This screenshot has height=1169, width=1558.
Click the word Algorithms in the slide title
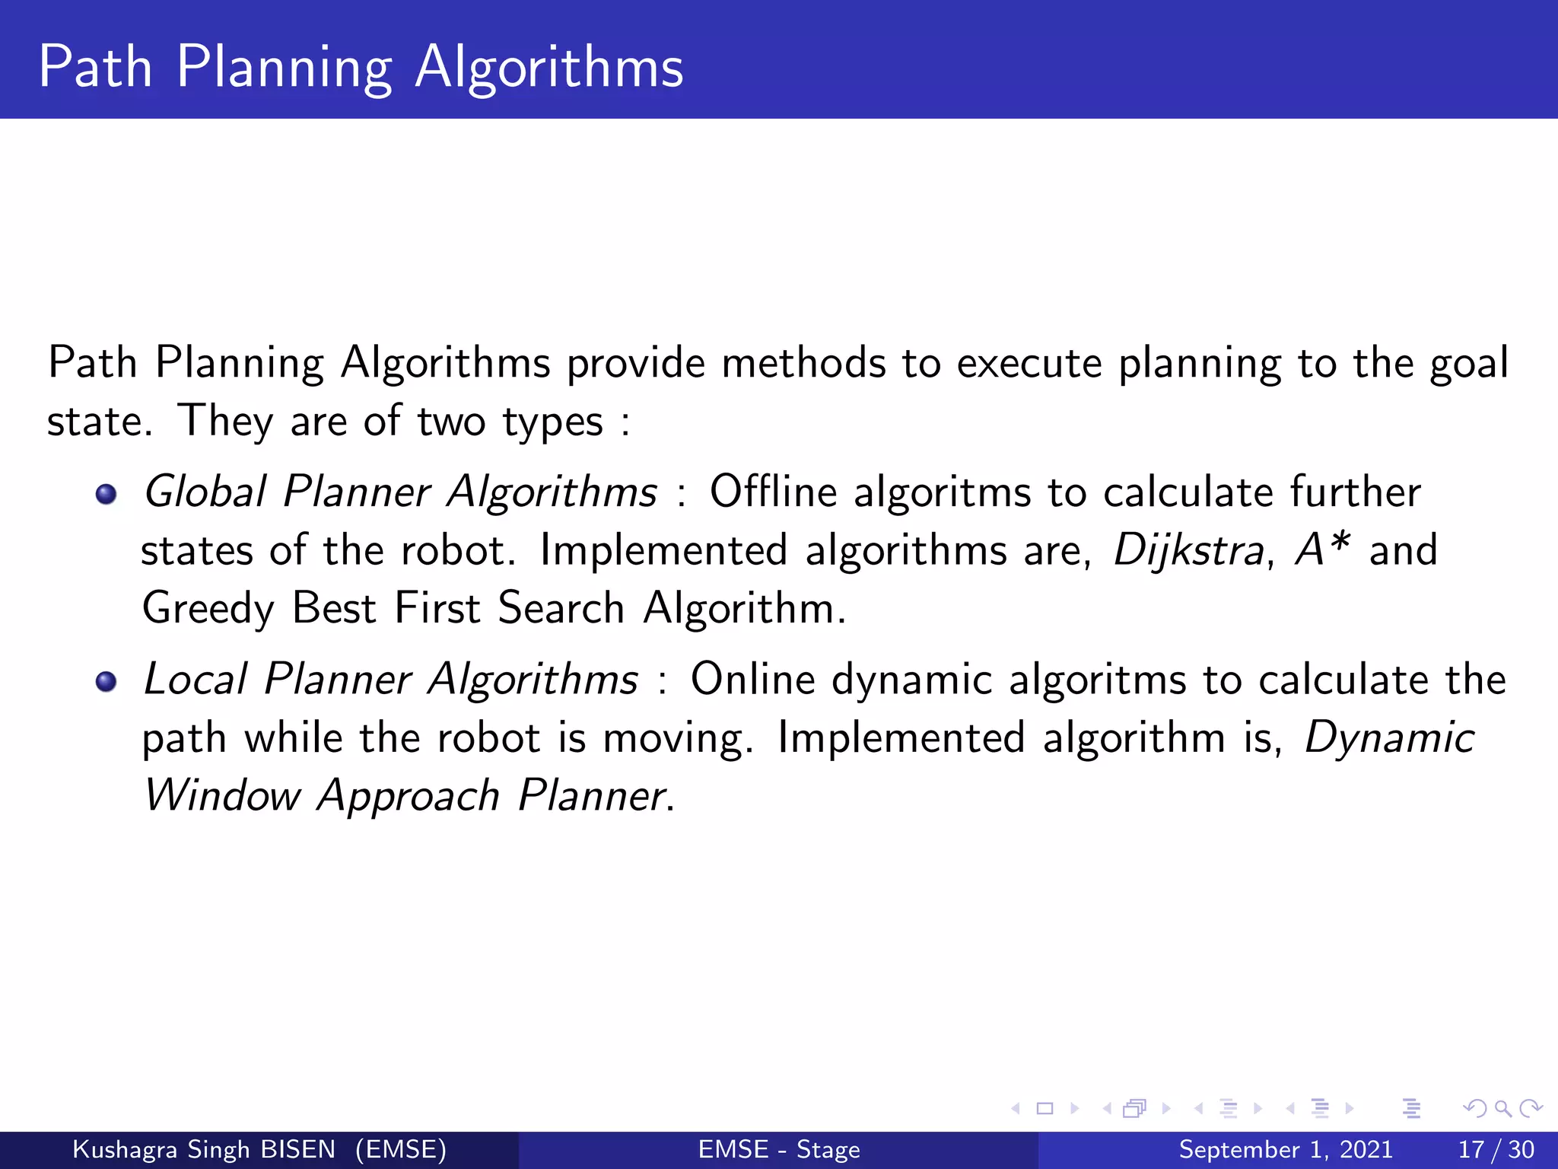[548, 68]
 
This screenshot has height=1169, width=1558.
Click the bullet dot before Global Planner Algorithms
[107, 495]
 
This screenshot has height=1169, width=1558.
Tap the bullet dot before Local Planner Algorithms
[107, 681]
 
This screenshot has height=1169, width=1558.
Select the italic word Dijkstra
[1188, 549]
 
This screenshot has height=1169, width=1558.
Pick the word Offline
[773, 492]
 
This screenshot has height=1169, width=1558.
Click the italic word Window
[222, 796]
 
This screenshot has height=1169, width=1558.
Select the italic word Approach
[409, 798]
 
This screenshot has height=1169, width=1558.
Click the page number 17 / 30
[1496, 1149]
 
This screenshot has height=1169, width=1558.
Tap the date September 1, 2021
[1286, 1149]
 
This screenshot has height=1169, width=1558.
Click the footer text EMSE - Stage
[779, 1149]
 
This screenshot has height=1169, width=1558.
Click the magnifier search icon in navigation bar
[1502, 1108]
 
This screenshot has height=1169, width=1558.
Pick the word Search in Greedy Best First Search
[561, 609]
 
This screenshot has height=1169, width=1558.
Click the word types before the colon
[552, 422]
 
